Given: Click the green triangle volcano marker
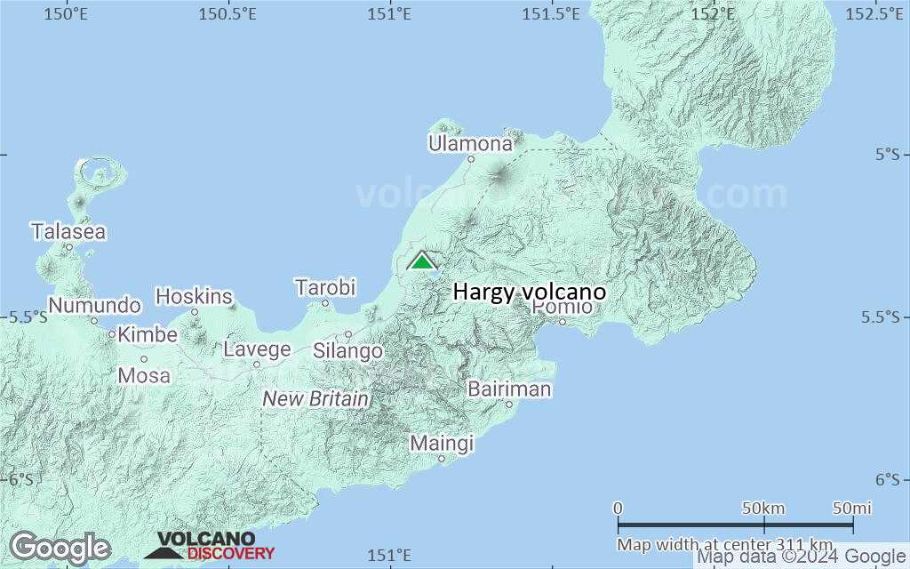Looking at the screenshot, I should [422, 260].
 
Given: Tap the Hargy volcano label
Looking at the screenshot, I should [530, 292].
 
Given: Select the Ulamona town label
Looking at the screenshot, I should [470, 144].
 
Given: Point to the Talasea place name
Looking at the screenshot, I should [68, 232].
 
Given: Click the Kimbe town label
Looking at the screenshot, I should [148, 335].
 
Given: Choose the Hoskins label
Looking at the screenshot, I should [194, 296].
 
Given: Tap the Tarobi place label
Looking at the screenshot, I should [325, 287].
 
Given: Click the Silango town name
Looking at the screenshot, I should [347, 350].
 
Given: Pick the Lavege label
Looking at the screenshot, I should [257, 349].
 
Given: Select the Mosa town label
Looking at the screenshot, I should [144, 375].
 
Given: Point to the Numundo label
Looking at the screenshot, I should [94, 306].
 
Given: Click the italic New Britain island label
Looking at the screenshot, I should [315, 399].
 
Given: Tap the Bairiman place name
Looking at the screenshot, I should [509, 389].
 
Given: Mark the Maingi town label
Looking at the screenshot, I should [442, 443].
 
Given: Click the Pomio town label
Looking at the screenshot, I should [562, 307].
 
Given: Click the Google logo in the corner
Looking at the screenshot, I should [60, 548].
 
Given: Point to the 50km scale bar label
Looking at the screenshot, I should [762, 508].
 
